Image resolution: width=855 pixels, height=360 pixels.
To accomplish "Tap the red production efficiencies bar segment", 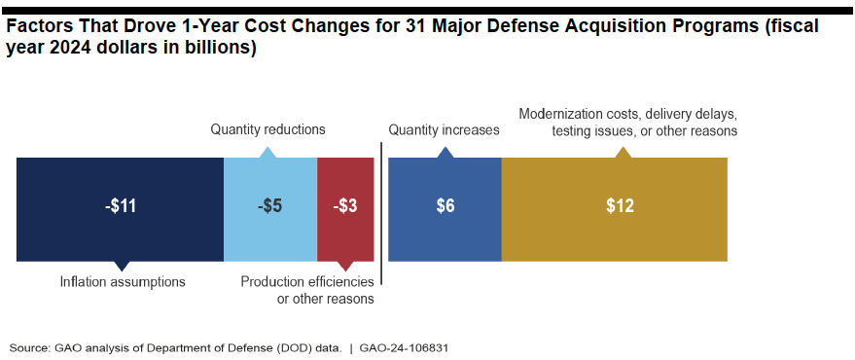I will pos(345,238).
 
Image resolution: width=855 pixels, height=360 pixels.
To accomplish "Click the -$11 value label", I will pos(121,207).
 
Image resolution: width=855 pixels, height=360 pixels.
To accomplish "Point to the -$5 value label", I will pos(269,207).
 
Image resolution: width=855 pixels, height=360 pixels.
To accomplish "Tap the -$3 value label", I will pos(345,207).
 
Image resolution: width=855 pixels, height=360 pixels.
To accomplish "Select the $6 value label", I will pos(445,207).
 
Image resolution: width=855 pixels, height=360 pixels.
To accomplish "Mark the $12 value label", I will pos(620,207).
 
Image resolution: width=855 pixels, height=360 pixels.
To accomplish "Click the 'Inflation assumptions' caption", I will pos(122,282).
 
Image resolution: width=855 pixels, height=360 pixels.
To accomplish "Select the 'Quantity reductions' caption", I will pos(268,129).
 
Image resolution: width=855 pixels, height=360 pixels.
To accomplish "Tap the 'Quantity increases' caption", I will pos(444,129).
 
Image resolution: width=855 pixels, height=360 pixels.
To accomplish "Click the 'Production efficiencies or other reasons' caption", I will pos(307,290).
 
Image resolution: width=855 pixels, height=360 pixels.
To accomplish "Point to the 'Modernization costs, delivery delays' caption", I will pos(628,113).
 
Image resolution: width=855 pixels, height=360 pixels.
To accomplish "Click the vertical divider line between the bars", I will pos(380,214).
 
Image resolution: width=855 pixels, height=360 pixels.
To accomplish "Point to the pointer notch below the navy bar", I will pos(121,266).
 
